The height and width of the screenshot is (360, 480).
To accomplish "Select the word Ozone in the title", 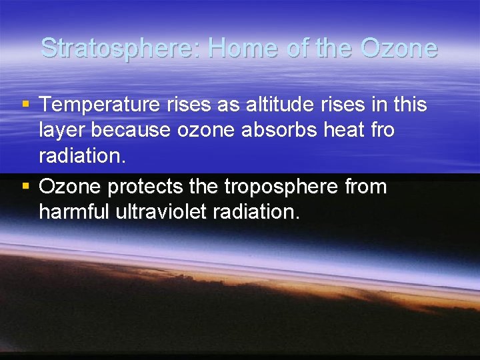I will point(399,48).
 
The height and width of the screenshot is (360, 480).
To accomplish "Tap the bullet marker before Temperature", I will point(25,105).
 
